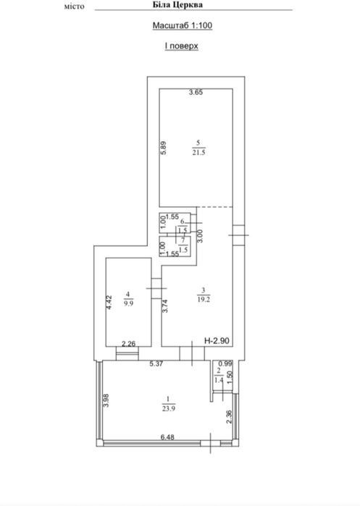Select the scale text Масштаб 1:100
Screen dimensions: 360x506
(183, 25)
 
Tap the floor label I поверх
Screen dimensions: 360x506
(182, 46)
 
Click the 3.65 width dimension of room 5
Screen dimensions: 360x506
(196, 92)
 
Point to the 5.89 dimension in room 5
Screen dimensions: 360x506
(164, 148)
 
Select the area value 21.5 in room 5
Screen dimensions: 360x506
(198, 153)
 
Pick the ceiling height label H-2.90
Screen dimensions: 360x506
(217, 341)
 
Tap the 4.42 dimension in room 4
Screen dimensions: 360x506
(109, 303)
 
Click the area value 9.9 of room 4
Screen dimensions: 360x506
(128, 303)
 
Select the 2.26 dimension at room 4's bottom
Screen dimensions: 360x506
(128, 344)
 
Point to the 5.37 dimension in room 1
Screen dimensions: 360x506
(156, 363)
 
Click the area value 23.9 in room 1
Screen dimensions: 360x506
(169, 409)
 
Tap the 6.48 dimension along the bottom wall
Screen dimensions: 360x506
(167, 437)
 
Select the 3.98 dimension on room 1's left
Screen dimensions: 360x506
(106, 400)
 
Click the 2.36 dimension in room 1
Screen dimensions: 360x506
(230, 417)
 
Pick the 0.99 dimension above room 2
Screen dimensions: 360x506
(226, 363)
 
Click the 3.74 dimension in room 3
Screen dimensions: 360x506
(165, 306)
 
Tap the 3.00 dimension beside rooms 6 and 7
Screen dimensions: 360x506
(200, 236)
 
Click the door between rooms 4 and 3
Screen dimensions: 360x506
(156, 288)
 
